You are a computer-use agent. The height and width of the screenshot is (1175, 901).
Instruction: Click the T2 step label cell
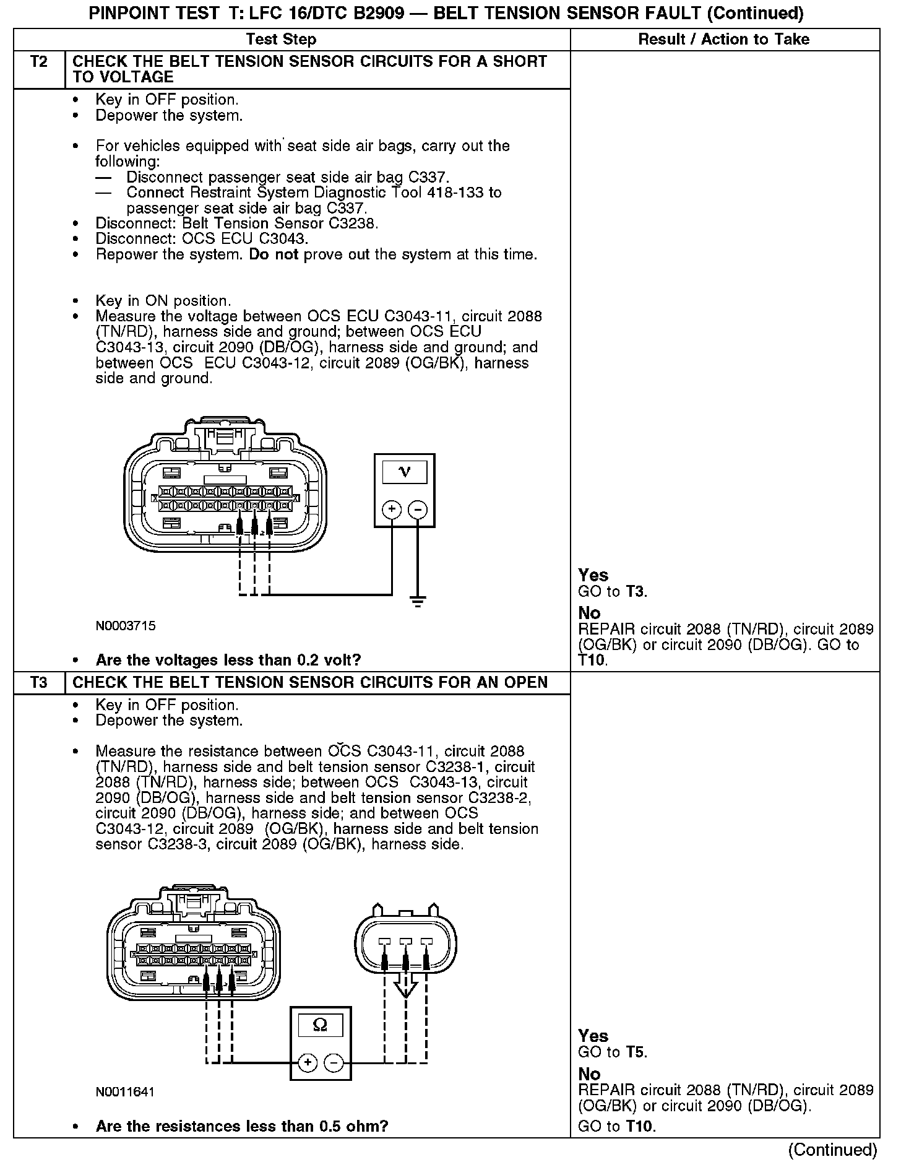click(x=38, y=62)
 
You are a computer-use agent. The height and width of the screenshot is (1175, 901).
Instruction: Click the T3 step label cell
click(x=38, y=683)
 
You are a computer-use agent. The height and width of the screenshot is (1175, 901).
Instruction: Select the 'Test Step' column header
click(x=281, y=40)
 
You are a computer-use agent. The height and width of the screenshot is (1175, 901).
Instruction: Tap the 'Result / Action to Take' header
click(x=723, y=40)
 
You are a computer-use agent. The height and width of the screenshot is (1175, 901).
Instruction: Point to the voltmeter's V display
click(x=405, y=472)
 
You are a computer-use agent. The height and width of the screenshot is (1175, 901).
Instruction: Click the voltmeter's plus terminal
click(x=391, y=509)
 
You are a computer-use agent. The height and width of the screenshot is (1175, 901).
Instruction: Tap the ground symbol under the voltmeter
click(x=418, y=601)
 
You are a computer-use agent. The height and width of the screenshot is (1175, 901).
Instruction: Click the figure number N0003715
click(x=126, y=626)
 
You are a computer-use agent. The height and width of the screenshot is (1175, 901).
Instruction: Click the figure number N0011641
click(x=125, y=1091)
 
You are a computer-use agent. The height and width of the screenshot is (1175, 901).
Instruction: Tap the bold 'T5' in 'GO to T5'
click(x=635, y=1052)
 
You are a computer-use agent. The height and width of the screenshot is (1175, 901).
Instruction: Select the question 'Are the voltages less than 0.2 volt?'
click(x=228, y=660)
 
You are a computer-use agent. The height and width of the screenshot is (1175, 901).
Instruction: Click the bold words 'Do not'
click(x=274, y=254)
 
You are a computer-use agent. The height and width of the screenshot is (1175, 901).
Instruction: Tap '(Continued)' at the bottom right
click(x=832, y=1150)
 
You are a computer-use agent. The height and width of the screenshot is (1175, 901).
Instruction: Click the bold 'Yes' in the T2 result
click(x=593, y=575)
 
